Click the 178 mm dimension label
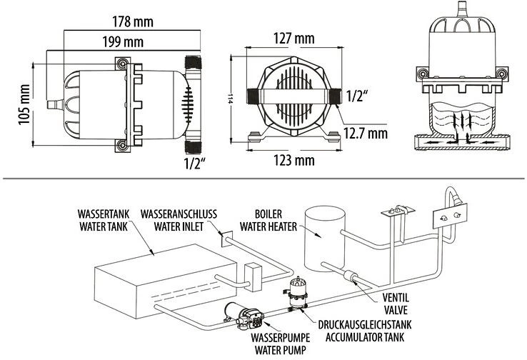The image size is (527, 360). (x=132, y=22)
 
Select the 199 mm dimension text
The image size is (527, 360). (x=123, y=42)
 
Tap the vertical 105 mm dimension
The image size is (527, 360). (x=24, y=104)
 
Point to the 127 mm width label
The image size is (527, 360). (x=293, y=39)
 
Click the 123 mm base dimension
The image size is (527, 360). (x=294, y=160)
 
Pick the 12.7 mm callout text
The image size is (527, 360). (x=366, y=133)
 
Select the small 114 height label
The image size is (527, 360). (x=230, y=99)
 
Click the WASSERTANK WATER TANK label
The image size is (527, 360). (x=104, y=220)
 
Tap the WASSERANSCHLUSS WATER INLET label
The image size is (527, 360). (x=179, y=220)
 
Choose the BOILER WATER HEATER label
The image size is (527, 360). (x=268, y=220)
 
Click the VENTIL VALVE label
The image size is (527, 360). (x=396, y=303)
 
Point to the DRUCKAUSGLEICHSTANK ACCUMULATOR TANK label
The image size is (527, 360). (x=365, y=331)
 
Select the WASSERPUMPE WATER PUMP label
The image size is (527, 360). (x=281, y=344)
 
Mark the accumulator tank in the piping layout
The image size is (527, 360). (x=298, y=293)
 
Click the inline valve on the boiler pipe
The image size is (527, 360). (x=350, y=277)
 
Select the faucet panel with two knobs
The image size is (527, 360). (x=450, y=216)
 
